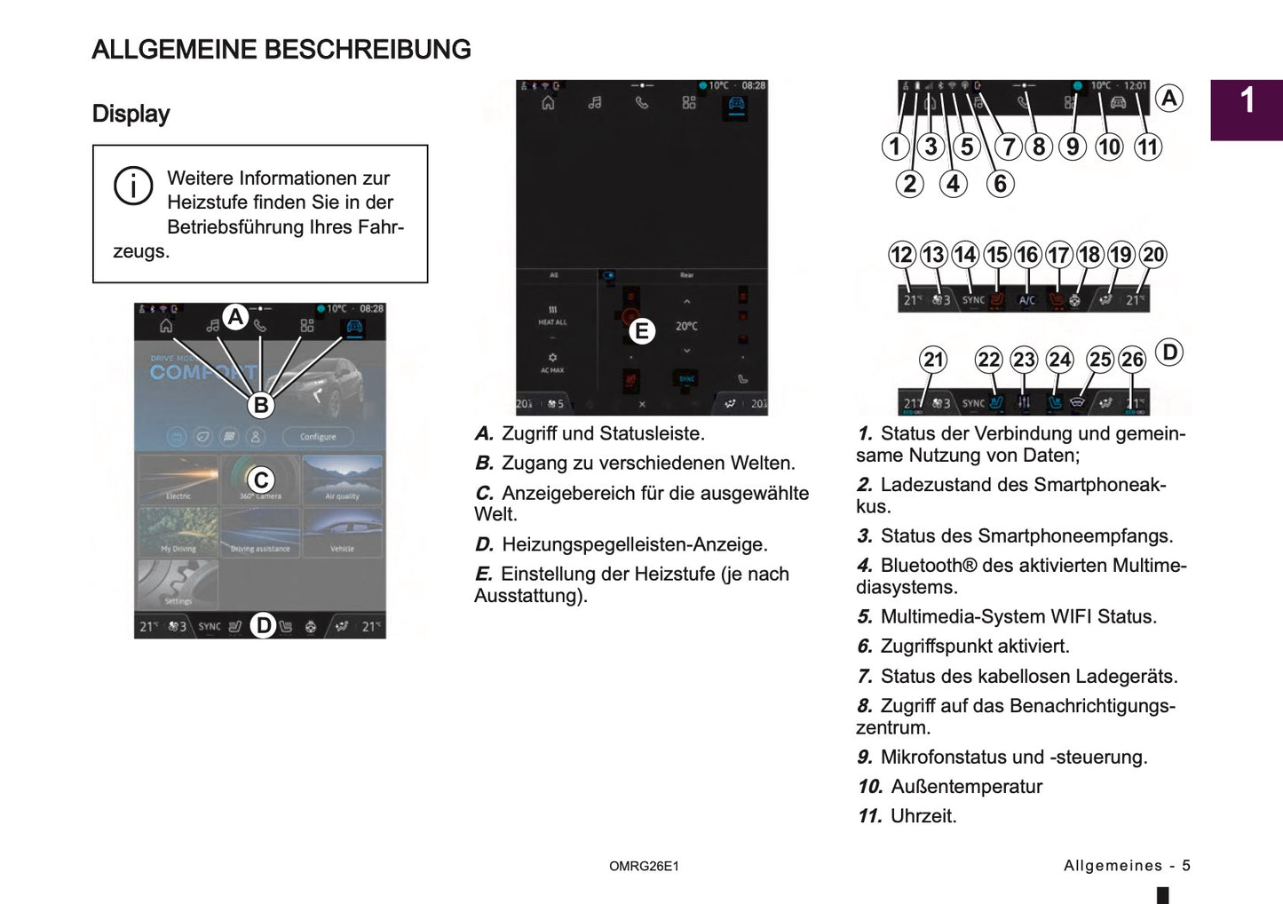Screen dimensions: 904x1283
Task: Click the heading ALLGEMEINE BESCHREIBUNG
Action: (281, 50)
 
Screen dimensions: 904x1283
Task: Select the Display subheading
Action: (131, 114)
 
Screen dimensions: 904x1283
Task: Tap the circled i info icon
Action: (133, 186)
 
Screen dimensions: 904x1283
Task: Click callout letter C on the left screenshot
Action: (261, 480)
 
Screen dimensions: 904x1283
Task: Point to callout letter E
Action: (641, 332)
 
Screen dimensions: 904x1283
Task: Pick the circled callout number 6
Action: (1000, 184)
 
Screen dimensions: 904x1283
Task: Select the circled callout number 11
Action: (1148, 147)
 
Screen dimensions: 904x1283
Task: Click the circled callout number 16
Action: (1027, 255)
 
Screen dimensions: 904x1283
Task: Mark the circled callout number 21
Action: (933, 360)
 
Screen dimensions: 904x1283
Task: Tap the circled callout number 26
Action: (1132, 360)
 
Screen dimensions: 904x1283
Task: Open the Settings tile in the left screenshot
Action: (178, 585)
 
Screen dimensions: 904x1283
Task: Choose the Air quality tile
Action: (342, 480)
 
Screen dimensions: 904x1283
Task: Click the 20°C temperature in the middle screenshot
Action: (686, 327)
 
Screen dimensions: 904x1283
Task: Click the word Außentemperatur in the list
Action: (966, 787)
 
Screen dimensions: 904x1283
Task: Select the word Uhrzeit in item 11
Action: (923, 816)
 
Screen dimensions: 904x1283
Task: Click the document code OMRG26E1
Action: (644, 867)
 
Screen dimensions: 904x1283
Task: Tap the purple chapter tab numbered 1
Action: (1247, 110)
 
